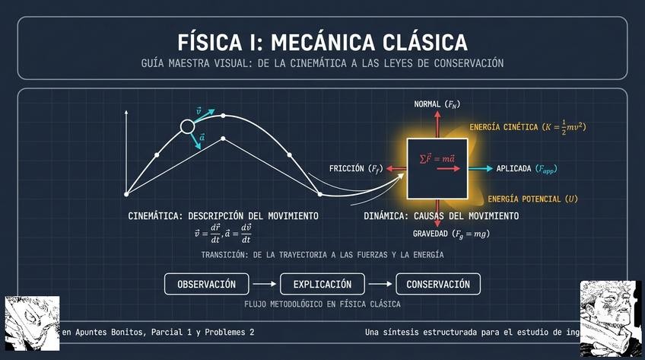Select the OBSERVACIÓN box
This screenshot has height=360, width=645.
click(x=206, y=285)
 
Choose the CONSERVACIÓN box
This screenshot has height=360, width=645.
click(x=437, y=285)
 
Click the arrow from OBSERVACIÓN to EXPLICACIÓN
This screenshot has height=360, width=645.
click(x=263, y=285)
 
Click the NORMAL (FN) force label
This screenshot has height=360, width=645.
click(x=437, y=104)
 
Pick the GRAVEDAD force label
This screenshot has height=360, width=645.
click(x=451, y=234)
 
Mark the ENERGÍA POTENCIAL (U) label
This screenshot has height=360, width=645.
click(x=532, y=199)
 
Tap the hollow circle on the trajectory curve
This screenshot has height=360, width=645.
click(x=187, y=127)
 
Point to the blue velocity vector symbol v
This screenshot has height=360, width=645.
click(x=199, y=111)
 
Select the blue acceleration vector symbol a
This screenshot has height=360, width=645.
click(x=202, y=138)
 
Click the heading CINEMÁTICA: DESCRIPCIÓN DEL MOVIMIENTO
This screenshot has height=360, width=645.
click(x=223, y=217)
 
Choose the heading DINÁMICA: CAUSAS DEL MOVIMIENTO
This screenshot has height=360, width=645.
click(x=440, y=217)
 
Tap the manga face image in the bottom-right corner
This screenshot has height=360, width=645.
click(x=612, y=318)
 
